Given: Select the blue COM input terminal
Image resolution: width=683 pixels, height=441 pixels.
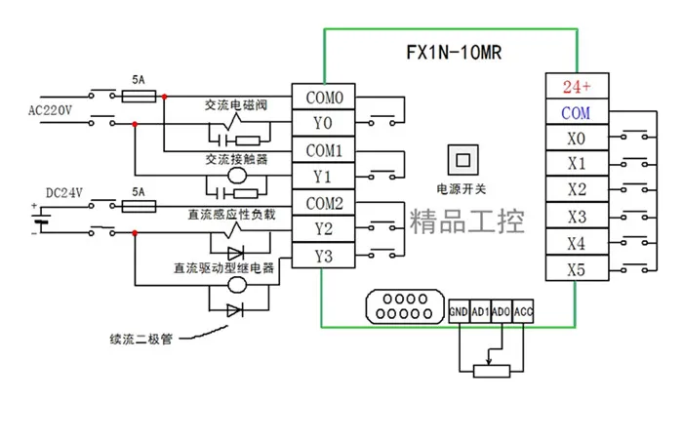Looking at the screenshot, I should tap(578, 112).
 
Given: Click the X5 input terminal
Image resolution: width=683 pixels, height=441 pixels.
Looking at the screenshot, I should tap(578, 269).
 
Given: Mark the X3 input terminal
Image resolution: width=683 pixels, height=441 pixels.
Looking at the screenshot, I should tap(578, 217).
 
